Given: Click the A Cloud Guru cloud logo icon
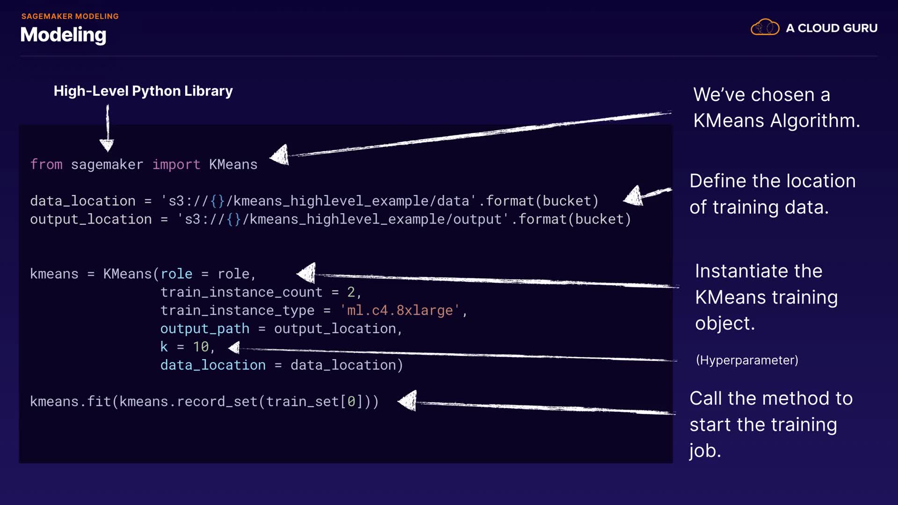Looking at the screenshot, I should pos(765,28).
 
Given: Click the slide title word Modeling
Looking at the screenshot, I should pos(63,35).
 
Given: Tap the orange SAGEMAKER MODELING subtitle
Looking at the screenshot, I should pos(70,16).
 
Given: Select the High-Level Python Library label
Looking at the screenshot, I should pos(143,91).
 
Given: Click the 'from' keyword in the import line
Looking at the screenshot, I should pos(46,165).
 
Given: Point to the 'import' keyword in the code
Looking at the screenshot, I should pos(176,165).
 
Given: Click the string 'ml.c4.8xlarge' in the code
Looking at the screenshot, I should pos(400,310).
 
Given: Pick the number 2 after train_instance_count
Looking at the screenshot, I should pos(351,292).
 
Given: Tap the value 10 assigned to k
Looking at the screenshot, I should pos(201,347).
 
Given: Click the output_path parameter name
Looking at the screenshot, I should pos(205,329).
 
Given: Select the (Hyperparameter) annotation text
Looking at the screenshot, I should pos(747,360).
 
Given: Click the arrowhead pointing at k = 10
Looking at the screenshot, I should pos(234,347).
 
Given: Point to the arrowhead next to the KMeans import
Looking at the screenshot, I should pos(281,155).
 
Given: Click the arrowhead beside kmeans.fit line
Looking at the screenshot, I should pos(408,401).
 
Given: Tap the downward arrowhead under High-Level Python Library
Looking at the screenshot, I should pos(107,145).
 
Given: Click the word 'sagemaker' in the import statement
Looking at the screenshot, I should pos(107,165).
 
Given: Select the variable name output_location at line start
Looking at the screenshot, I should pos(91,219).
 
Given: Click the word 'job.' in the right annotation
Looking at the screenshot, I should pos(705,451).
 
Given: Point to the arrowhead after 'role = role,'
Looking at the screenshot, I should pos(307,273).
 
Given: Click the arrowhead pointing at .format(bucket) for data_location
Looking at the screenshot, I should pos(635,196).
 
